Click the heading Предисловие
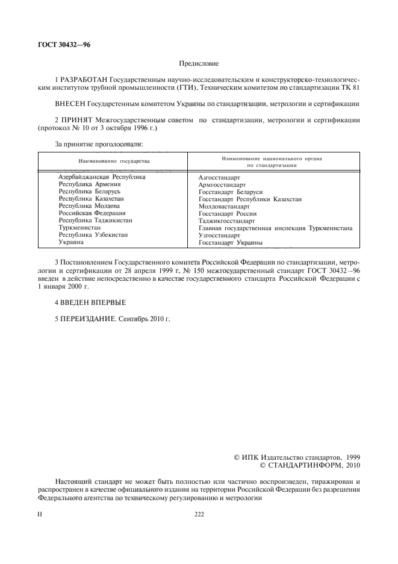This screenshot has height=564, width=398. (199, 63)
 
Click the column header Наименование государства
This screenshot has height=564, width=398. (114, 161)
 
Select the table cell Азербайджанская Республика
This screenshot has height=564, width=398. (102, 177)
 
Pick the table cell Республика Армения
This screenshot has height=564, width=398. (90, 184)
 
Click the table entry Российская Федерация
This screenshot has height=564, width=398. (92, 213)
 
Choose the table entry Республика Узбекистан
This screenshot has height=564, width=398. (93, 235)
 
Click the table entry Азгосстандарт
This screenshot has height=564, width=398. (219, 178)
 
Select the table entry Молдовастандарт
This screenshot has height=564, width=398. (224, 206)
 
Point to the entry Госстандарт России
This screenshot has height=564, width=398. (228, 213)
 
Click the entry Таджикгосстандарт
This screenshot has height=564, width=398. (226, 221)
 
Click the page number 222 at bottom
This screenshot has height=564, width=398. (199, 514)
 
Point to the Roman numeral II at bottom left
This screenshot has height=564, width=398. (40, 514)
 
